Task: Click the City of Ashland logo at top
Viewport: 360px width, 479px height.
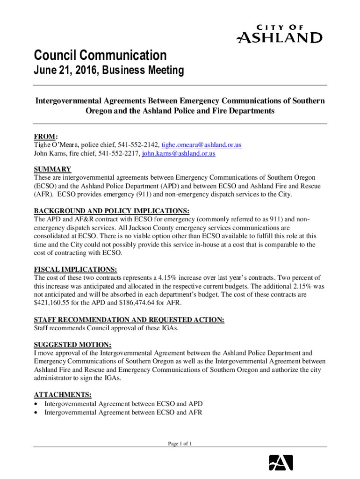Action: pos(280,34)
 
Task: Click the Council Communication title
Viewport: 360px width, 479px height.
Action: pos(100,56)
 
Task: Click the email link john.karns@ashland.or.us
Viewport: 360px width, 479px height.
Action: pos(179,153)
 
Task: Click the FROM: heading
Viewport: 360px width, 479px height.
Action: pos(46,137)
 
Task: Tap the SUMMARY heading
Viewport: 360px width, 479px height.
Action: pos(52,169)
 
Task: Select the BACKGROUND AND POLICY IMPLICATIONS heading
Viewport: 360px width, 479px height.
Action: pos(112,210)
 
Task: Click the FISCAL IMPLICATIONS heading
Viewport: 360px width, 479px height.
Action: pos(75,269)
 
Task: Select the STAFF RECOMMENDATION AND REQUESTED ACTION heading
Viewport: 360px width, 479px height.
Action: pos(129,319)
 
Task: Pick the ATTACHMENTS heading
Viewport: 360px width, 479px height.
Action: pos(62,394)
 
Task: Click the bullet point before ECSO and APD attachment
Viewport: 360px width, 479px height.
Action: pos(36,404)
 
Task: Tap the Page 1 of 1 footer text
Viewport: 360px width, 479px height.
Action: pos(180,444)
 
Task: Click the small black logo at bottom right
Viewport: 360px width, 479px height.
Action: pos(281,462)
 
